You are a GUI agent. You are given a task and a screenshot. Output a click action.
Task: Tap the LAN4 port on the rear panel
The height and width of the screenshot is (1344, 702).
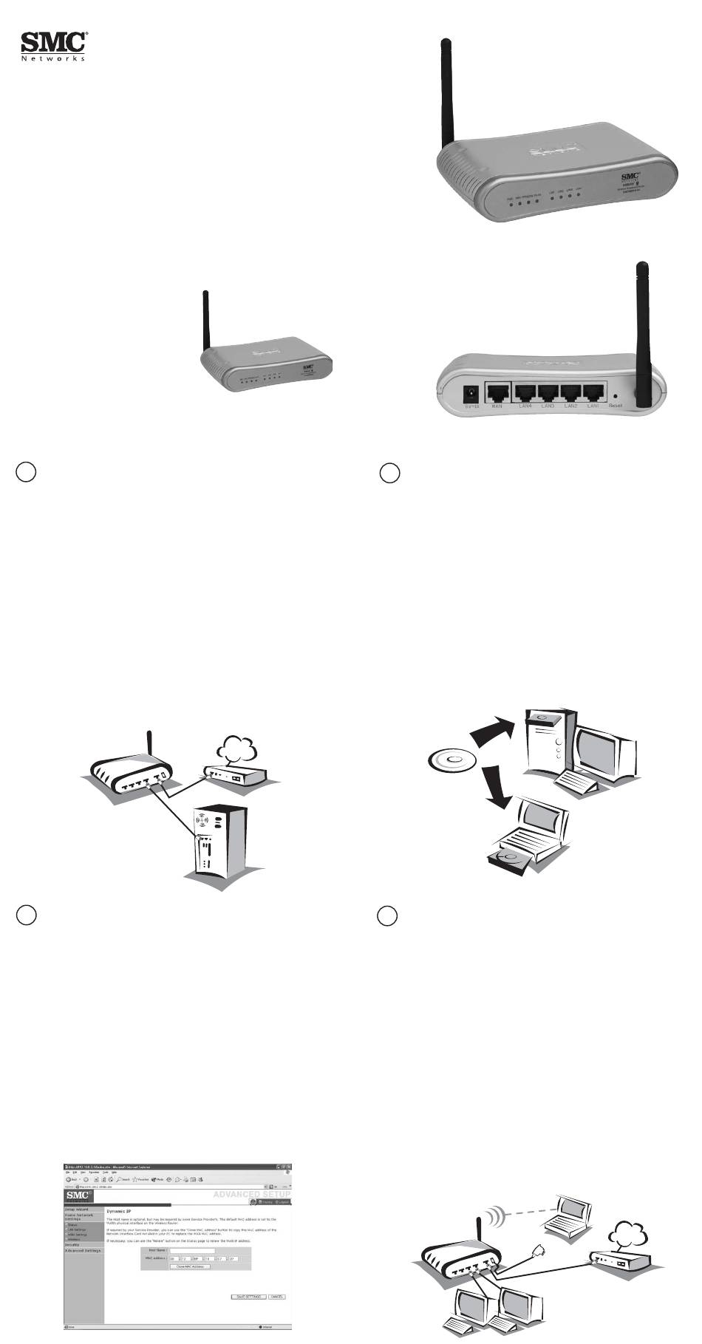coord(526,393)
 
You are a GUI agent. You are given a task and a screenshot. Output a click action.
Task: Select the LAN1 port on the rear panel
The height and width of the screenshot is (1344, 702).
coord(593,393)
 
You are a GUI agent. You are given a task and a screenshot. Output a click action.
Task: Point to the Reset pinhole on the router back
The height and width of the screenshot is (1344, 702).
coord(616,396)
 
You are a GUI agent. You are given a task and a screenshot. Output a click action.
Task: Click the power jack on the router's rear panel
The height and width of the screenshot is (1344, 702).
coord(468,394)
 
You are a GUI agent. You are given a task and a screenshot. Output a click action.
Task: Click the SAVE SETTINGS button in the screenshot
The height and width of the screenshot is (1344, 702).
coord(248,1297)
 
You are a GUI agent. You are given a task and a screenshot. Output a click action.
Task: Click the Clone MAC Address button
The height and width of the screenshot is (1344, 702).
coord(190,1266)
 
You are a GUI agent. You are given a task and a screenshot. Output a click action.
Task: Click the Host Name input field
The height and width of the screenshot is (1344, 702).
coord(192,1250)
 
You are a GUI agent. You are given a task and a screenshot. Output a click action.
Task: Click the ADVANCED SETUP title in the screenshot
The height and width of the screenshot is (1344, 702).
coord(251,1194)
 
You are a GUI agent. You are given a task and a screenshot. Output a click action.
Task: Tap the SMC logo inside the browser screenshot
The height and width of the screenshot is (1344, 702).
coord(79,1195)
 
